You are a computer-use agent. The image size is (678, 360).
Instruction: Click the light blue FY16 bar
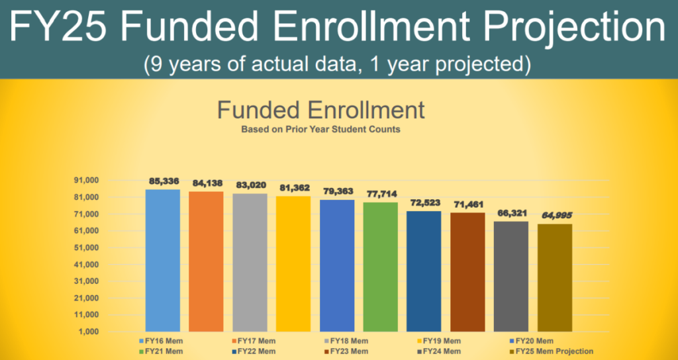click(x=163, y=260)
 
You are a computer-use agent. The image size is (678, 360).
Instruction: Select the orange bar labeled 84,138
click(x=206, y=261)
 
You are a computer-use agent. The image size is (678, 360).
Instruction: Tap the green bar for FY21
click(x=381, y=267)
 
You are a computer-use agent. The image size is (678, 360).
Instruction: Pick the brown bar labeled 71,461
click(x=467, y=272)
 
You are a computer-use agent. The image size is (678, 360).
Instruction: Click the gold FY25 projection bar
click(x=555, y=277)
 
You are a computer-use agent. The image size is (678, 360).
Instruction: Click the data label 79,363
click(x=337, y=191)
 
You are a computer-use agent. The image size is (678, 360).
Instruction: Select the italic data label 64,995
click(x=555, y=215)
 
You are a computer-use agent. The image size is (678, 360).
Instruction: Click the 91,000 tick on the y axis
click(x=85, y=181)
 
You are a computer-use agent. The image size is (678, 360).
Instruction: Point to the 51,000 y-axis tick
click(x=85, y=247)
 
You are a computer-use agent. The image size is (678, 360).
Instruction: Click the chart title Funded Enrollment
click(x=320, y=110)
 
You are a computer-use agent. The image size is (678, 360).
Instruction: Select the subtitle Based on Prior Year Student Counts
click(x=320, y=130)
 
